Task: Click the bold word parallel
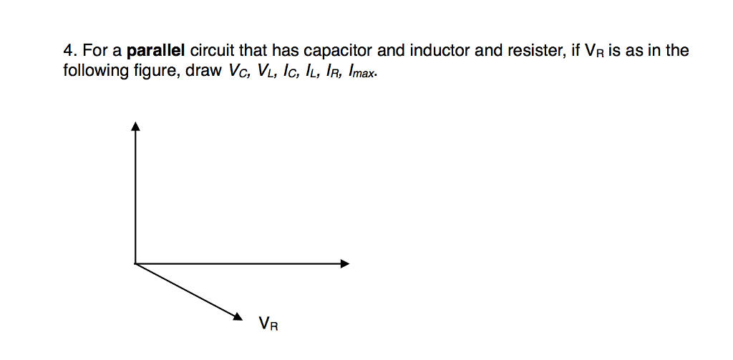[x=156, y=52]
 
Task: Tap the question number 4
[x=69, y=52]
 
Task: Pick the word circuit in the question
[x=213, y=52]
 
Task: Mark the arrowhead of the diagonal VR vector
[x=240, y=317]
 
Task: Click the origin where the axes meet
[x=135, y=263]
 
